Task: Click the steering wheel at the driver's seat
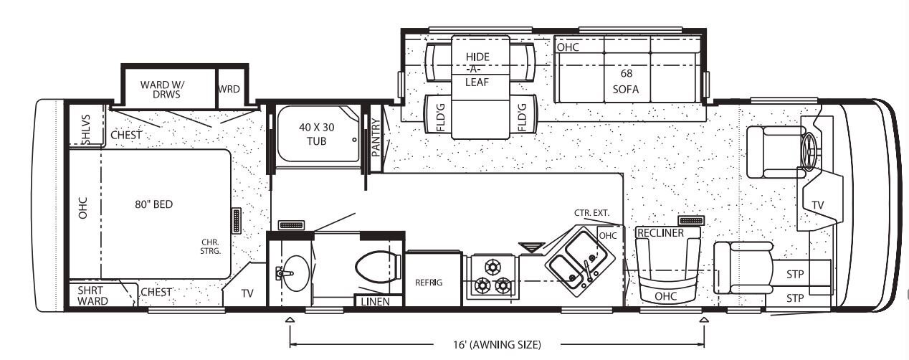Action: pyautogui.click(x=810, y=151)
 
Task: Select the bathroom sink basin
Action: pyautogui.click(x=296, y=273)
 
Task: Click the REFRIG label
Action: pyautogui.click(x=429, y=282)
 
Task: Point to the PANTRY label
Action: pyautogui.click(x=376, y=137)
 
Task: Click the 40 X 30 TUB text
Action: pyautogui.click(x=317, y=134)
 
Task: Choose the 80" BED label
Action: pyautogui.click(x=154, y=204)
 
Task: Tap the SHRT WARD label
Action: pyautogui.click(x=92, y=295)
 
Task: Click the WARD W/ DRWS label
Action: pyautogui.click(x=162, y=90)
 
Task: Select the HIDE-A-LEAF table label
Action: pyautogui.click(x=477, y=70)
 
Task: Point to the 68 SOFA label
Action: pyautogui.click(x=626, y=81)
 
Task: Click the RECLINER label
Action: pyautogui.click(x=661, y=233)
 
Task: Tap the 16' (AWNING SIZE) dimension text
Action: pyautogui.click(x=497, y=344)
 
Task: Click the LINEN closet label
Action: pyautogui.click(x=376, y=302)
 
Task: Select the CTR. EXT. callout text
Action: pyautogui.click(x=591, y=213)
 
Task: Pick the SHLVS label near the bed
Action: pyautogui.click(x=85, y=130)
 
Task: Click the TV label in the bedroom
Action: pyautogui.click(x=247, y=293)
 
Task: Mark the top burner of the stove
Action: pyautogui.click(x=492, y=267)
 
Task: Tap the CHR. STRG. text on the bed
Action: pyautogui.click(x=210, y=247)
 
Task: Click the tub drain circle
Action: pyautogui.click(x=354, y=140)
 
